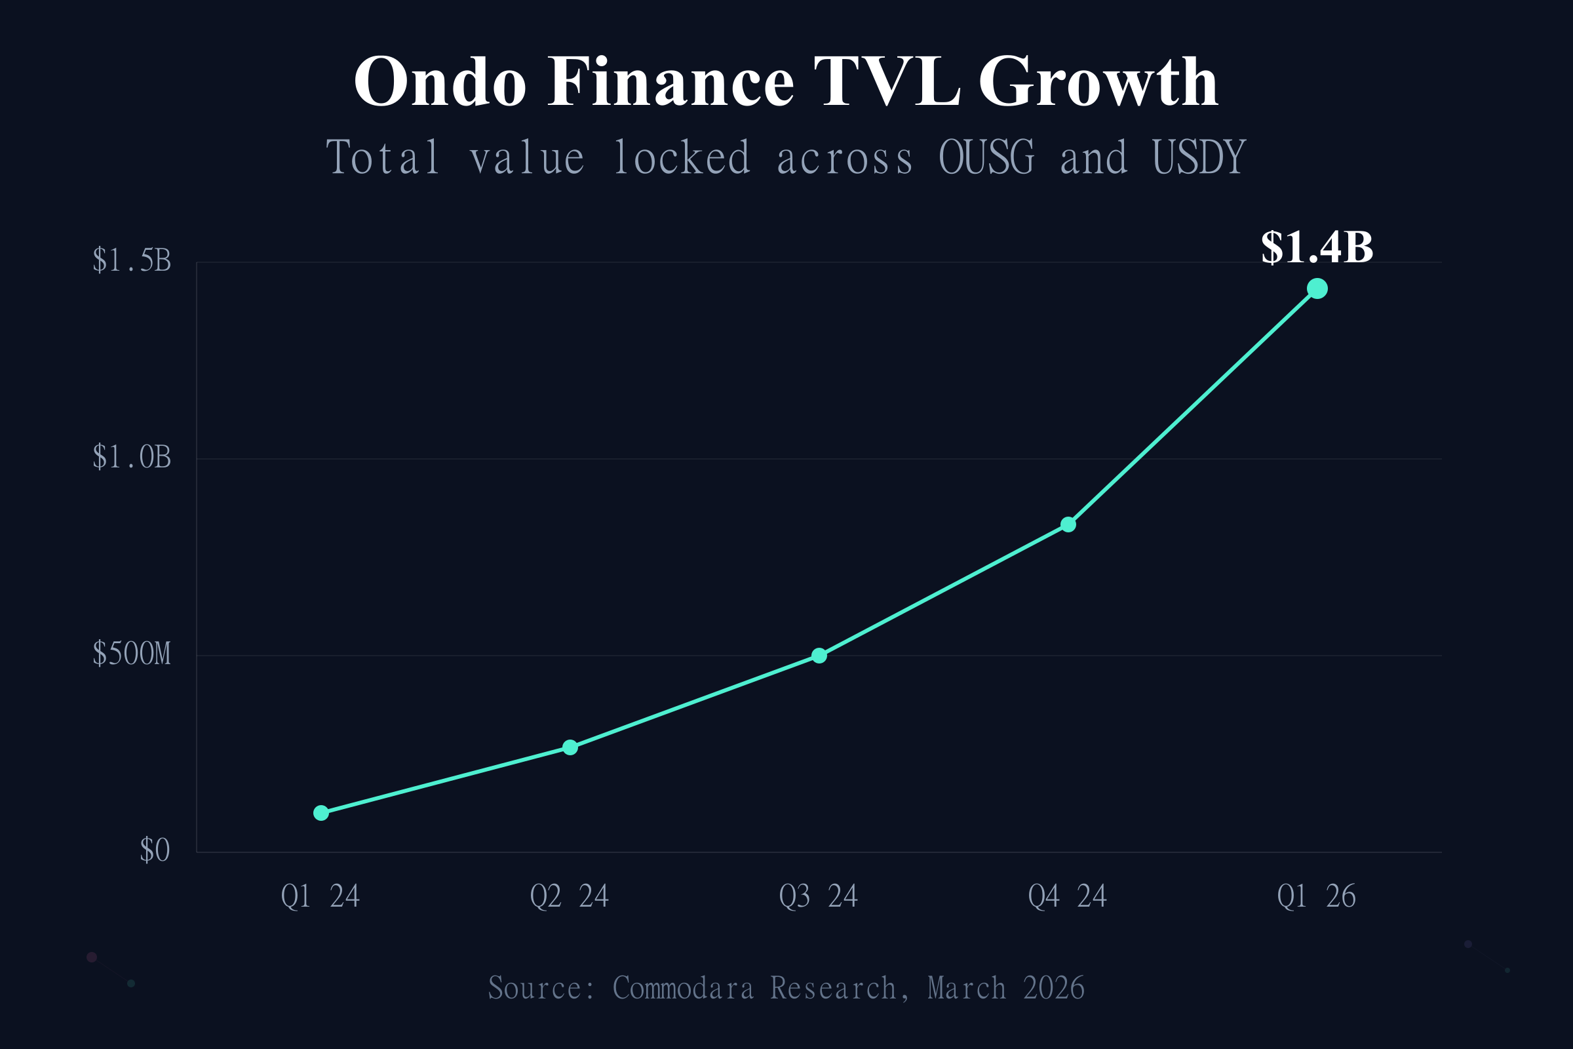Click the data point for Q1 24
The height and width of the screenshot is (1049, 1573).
pos(321,813)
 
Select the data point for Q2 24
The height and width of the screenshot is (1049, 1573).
pos(570,747)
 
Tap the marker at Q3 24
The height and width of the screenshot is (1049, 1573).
pos(819,656)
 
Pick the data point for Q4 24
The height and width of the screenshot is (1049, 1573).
pos(1068,524)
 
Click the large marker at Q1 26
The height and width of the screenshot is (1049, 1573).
pos(1317,288)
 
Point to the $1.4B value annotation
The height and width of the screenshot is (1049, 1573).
pos(1317,248)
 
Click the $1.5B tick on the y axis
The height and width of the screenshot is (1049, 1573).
pos(132,260)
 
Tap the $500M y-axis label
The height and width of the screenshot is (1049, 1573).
pos(132,654)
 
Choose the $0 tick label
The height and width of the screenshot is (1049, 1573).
pos(155,850)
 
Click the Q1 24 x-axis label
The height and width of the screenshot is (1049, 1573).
pos(320,896)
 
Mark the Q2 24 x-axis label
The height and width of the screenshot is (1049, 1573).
pos(569,896)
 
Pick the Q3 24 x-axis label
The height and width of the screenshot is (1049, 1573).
pos(819,896)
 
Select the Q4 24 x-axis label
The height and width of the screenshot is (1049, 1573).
pos(1068,896)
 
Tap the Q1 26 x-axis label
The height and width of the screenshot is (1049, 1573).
pos(1316,896)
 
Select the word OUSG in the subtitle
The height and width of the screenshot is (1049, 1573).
pos(986,158)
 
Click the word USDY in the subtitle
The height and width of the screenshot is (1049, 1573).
pos(1199,158)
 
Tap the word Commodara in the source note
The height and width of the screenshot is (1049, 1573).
pos(683,989)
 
